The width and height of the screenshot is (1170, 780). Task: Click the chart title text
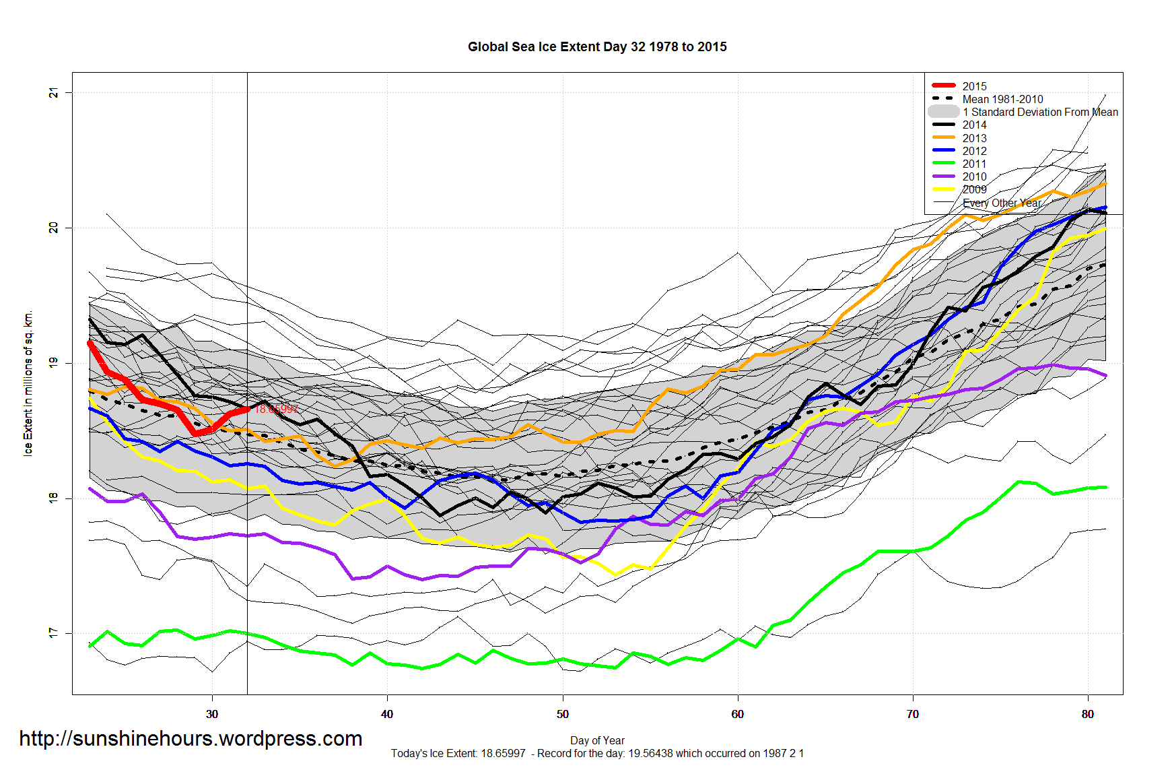pos(597,47)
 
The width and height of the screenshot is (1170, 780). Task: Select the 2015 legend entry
pos(974,86)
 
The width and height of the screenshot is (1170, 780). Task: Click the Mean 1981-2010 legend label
pos(1002,99)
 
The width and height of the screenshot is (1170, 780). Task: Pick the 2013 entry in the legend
pos(974,138)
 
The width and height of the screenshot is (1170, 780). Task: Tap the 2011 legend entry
pos(974,164)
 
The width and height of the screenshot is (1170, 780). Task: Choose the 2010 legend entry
pos(974,176)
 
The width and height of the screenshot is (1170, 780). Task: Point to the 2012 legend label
pos(974,151)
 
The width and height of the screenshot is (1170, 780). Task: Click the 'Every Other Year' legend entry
pos(1002,203)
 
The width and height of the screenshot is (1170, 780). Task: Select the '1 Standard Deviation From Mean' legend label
pos(1040,112)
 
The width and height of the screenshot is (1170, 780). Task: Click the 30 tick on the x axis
pos(212,714)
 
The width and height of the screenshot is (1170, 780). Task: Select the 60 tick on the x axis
pos(738,714)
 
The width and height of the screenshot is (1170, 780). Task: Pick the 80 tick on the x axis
pos(1088,714)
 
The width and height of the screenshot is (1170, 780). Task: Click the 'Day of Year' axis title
pos(597,740)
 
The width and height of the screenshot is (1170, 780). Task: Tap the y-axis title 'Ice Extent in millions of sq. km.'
pos(28,383)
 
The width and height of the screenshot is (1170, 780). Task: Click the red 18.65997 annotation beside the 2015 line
pos(276,409)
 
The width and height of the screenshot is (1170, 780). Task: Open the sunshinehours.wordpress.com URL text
pos(191,739)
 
